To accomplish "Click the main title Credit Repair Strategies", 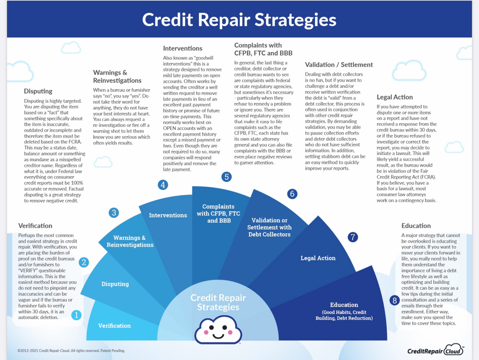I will (x=239, y=20).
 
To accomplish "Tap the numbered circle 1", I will (x=76, y=315).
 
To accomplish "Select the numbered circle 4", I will (x=163, y=185).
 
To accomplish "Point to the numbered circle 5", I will (x=226, y=177).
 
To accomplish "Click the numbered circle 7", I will (x=353, y=237).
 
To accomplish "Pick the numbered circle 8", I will (x=395, y=300).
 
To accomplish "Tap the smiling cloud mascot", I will (x=218, y=330).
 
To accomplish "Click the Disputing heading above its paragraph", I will (x=38, y=91).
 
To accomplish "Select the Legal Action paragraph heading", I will (x=395, y=97).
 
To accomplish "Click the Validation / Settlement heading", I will (x=339, y=65).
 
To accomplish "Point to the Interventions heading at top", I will (x=182, y=48).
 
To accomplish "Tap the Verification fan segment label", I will (x=114, y=326).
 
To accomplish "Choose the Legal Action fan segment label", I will (x=318, y=258).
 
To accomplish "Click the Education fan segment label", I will (x=344, y=305).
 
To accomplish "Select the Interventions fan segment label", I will (x=168, y=215).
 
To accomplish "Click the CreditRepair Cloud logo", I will (x=435, y=350).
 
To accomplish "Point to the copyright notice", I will (x=71, y=350).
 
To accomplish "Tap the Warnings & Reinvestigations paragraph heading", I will (x=117, y=77).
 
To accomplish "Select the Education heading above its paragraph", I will (x=416, y=226).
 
